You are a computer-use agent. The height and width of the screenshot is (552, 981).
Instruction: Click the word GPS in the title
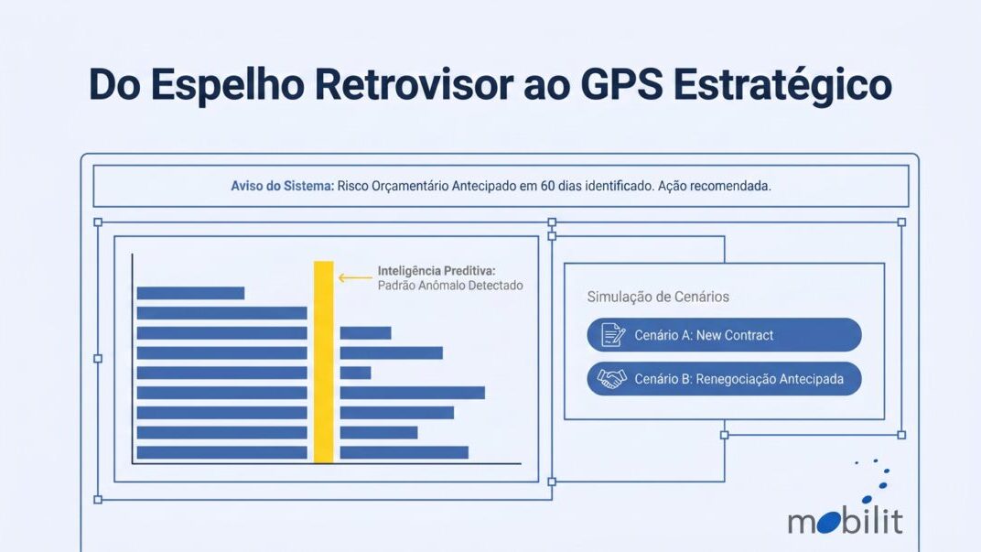(621, 84)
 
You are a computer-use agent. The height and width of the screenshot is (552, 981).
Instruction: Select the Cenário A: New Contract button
(724, 335)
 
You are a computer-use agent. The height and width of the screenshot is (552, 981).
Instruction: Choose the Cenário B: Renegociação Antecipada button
(724, 379)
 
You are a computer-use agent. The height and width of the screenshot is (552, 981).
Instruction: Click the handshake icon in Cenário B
(611, 379)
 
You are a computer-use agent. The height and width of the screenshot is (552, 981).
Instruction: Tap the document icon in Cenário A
(612, 335)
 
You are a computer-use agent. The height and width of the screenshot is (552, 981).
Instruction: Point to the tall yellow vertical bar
(323, 362)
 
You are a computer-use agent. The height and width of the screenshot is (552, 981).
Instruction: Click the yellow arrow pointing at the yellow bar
(355, 278)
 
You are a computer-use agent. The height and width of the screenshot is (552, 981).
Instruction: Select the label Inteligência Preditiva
(437, 271)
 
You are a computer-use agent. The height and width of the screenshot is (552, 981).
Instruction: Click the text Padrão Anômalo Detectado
(450, 286)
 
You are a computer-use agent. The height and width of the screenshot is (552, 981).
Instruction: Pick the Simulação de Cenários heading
(658, 297)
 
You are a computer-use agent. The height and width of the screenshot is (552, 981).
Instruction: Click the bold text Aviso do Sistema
(282, 186)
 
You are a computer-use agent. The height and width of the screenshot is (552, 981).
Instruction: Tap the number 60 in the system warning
(547, 186)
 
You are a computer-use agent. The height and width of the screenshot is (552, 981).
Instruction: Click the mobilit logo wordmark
(845, 521)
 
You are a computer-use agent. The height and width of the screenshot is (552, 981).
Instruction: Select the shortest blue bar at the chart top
(190, 293)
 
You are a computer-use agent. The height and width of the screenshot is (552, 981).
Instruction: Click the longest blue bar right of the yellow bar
(413, 393)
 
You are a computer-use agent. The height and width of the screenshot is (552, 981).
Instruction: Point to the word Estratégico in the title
(782, 84)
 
